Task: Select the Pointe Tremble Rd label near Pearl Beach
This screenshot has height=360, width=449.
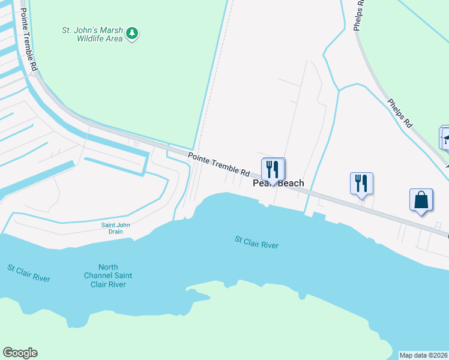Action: [218, 164]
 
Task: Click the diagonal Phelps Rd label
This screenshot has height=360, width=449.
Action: [400, 113]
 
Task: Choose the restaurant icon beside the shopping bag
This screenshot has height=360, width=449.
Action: [361, 182]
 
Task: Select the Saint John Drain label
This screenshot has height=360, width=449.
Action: [115, 229]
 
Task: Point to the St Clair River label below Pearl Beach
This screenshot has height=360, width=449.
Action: [256, 242]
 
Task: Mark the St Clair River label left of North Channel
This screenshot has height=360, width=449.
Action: [29, 272]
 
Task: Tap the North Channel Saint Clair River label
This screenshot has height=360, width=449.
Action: [109, 275]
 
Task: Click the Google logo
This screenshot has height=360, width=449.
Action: [20, 353]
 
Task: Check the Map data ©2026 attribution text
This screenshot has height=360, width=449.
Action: [423, 355]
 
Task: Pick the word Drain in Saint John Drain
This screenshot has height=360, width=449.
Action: [115, 232]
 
